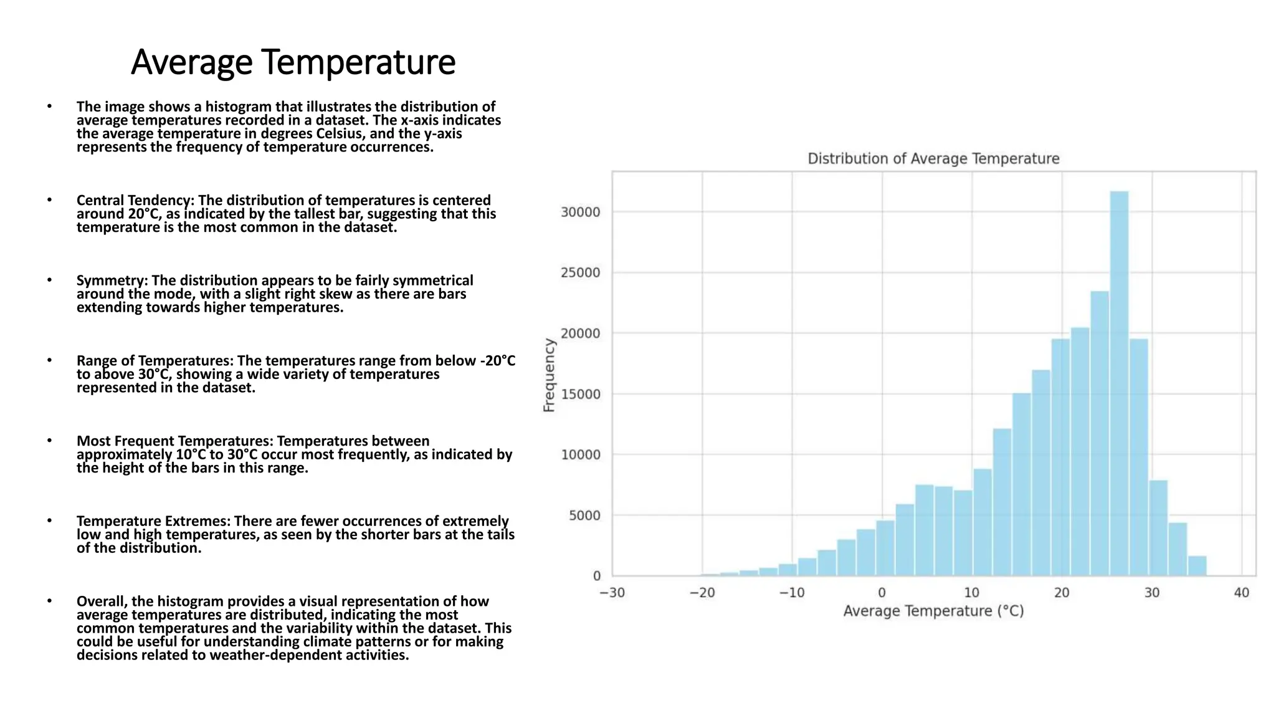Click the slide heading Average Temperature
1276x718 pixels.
[x=293, y=62]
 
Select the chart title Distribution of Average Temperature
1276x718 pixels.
[x=933, y=159]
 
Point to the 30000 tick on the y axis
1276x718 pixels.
[x=580, y=213]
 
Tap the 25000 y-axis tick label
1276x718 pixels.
[x=580, y=273]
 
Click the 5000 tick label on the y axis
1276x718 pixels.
[x=584, y=516]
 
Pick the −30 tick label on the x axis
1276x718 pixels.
[x=612, y=593]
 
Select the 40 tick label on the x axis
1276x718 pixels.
[x=1242, y=593]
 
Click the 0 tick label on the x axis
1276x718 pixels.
[x=882, y=593]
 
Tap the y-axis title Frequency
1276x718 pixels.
[x=549, y=375]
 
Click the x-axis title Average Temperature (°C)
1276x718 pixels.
[x=933, y=611]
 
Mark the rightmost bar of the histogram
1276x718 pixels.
[x=1197, y=566]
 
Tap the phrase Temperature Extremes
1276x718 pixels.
[x=153, y=522]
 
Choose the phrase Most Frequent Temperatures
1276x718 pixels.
[x=174, y=441]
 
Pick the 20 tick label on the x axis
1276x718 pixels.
[x=1062, y=593]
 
